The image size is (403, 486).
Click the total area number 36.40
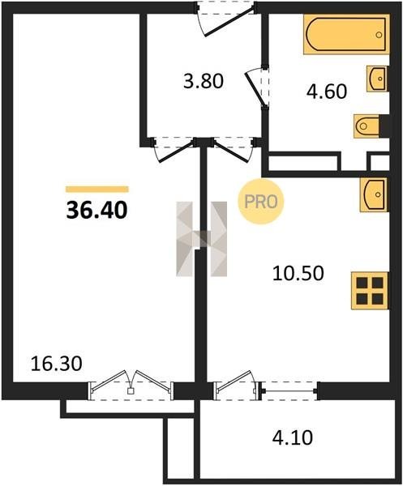(96, 210)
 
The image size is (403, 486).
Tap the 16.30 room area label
(57, 364)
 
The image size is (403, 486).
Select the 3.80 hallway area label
(204, 82)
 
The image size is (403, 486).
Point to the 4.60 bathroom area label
(326, 92)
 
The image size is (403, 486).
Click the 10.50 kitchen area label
(298, 274)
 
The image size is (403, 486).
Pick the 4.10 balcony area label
(292, 437)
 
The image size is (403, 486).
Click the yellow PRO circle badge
(261, 202)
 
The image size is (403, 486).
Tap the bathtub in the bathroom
(346, 34)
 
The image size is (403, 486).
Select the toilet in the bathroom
(367, 126)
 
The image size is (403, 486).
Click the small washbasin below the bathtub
(377, 79)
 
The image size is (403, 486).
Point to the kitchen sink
(374, 194)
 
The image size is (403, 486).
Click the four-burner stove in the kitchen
(370, 291)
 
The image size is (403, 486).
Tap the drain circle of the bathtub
(379, 35)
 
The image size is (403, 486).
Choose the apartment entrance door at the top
(226, 19)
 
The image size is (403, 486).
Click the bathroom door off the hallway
(257, 87)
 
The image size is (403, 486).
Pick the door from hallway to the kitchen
(234, 150)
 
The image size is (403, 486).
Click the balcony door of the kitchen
(237, 386)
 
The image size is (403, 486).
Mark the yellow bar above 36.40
(97, 190)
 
